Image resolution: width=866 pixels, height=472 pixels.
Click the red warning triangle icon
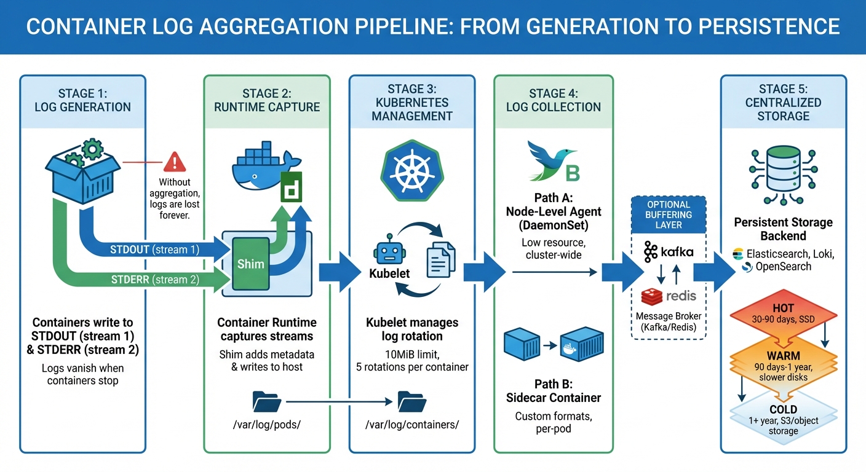175,162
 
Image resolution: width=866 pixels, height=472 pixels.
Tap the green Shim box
250,264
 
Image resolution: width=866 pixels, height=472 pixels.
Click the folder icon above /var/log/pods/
267,402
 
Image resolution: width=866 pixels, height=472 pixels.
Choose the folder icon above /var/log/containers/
411,402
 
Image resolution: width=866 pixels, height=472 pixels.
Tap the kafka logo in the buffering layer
669,252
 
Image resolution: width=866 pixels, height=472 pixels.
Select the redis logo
669,296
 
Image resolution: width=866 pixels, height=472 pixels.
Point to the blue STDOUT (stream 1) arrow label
155,250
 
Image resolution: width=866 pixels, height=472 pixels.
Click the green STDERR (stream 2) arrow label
155,280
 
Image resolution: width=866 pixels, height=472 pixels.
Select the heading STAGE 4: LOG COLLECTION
553,100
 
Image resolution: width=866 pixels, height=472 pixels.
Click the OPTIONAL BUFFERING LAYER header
669,214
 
